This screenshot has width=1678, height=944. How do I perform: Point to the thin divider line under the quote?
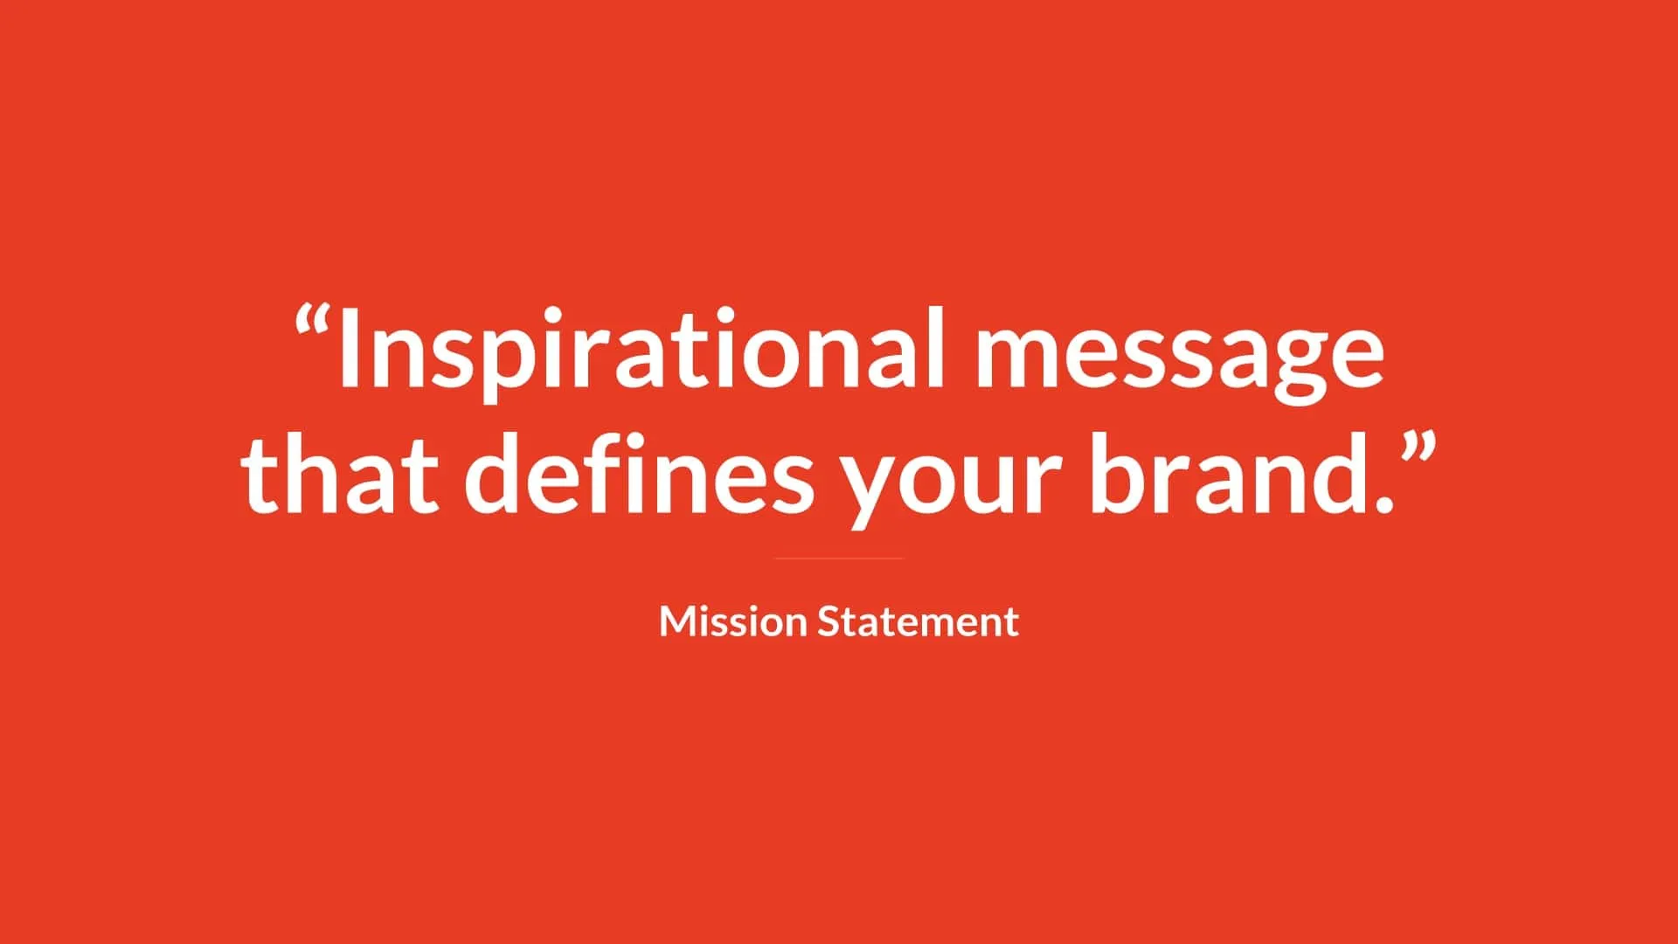pyautogui.click(x=838, y=558)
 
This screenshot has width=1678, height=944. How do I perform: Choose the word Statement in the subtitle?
pyautogui.click(x=919, y=621)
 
